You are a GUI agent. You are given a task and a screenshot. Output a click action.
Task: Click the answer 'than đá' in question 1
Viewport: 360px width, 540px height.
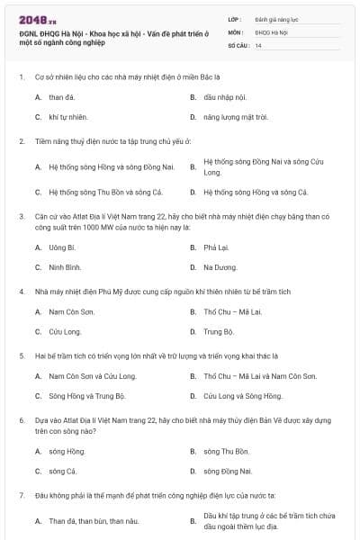62,95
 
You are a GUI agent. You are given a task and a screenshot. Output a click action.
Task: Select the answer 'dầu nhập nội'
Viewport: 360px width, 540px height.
220,95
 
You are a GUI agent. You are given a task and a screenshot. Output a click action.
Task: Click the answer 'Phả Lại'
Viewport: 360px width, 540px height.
216,247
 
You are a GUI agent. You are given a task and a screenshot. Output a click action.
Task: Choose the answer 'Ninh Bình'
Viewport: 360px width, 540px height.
66,267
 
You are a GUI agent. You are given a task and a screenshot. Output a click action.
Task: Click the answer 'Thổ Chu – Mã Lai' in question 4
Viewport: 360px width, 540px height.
233,311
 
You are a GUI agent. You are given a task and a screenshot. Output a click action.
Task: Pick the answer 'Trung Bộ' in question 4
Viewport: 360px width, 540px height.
217,331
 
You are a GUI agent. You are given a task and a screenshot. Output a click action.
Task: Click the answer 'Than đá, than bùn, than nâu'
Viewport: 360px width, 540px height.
94,521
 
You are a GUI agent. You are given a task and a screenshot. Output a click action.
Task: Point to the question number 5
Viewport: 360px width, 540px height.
21,355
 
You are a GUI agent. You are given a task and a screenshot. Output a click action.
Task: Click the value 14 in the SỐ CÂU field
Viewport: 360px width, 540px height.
258,44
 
